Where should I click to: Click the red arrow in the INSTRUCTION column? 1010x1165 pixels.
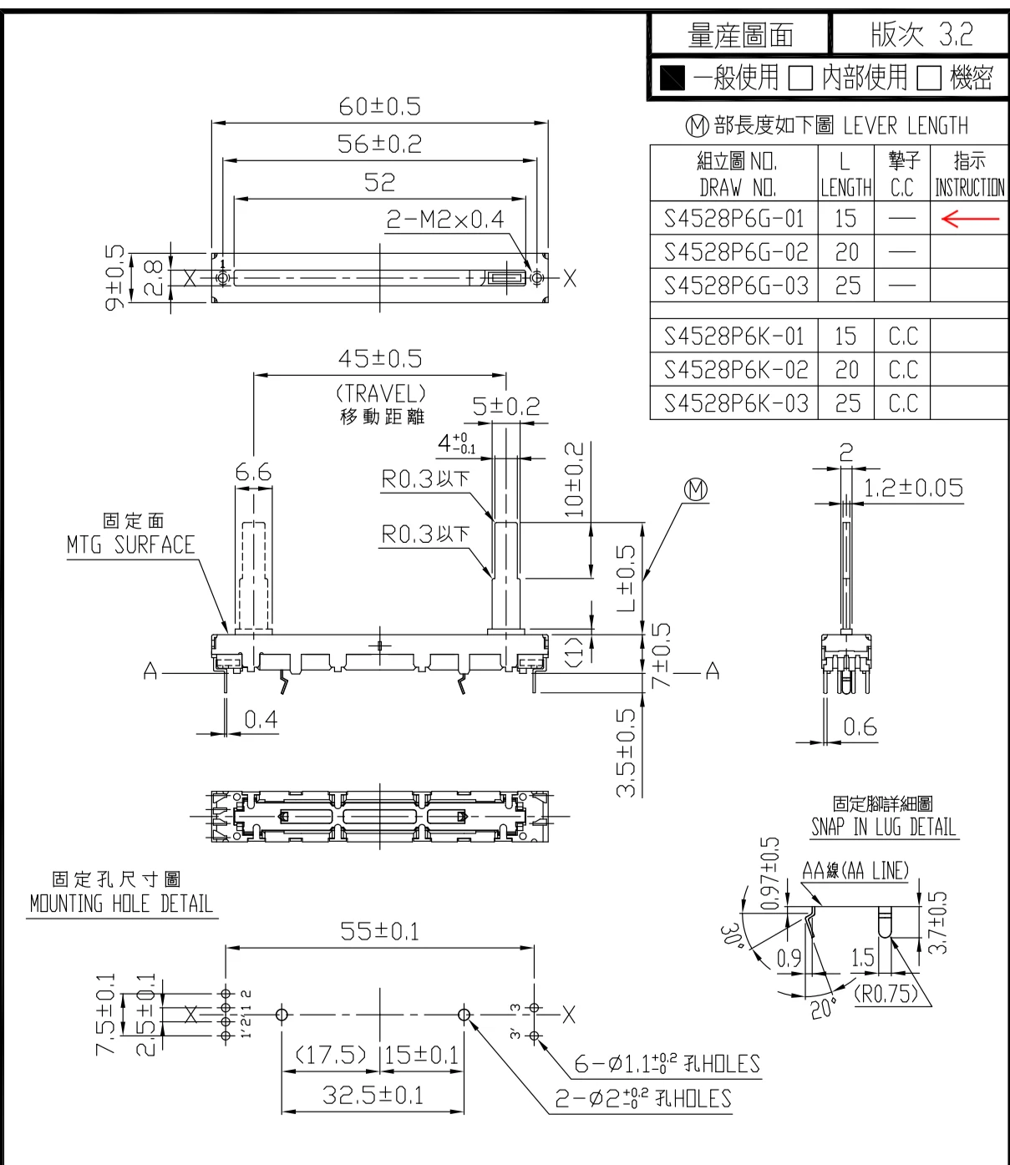[x=969, y=219]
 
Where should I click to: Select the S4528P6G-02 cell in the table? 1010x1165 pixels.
[x=735, y=252]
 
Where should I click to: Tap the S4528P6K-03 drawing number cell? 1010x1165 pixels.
[x=735, y=403]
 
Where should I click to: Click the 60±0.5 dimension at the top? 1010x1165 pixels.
[x=379, y=107]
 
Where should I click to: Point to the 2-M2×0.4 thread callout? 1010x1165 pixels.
[x=444, y=220]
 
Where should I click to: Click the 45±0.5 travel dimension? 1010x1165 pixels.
[x=380, y=359]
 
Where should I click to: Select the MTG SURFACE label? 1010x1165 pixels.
[x=130, y=545]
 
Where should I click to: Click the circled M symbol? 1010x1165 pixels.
[x=696, y=490]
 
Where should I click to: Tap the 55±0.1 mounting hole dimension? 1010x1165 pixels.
[x=379, y=931]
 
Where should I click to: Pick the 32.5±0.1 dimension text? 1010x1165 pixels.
[x=373, y=1095]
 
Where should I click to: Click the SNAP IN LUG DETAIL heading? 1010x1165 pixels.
[x=883, y=827]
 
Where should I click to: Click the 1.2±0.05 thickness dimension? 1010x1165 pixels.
[x=913, y=488]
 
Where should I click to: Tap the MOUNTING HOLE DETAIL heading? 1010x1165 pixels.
[x=121, y=904]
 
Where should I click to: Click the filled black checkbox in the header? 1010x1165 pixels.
[x=672, y=79]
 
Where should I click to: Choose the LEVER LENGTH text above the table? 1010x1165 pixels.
[x=906, y=126]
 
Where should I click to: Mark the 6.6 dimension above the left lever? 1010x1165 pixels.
[x=253, y=474]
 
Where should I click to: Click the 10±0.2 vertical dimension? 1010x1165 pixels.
[x=575, y=479]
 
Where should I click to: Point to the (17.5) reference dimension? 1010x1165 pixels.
[x=331, y=1055]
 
